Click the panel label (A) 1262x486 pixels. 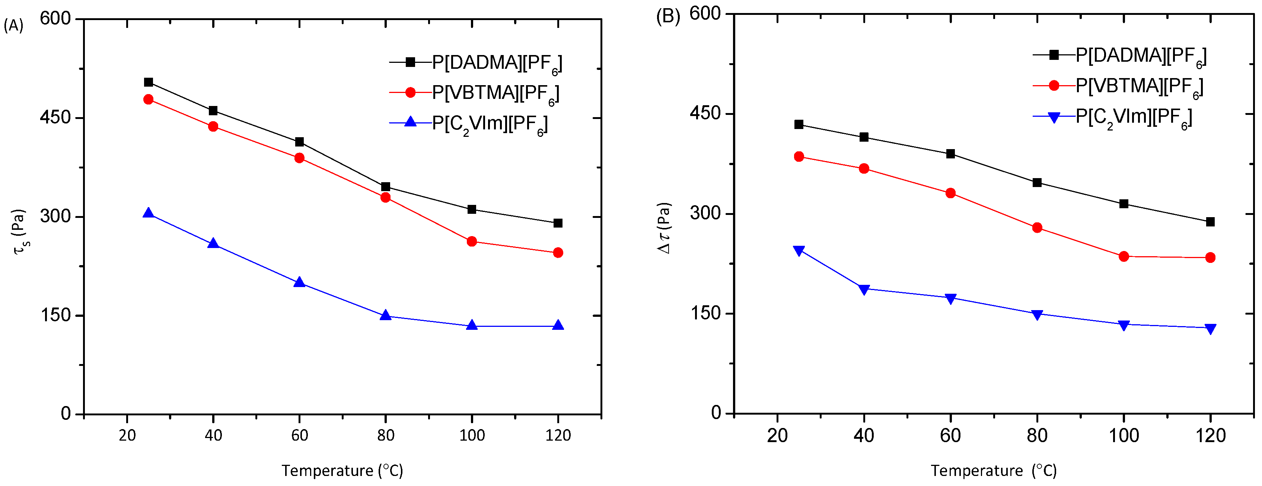click(13, 25)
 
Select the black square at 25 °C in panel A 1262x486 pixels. click(149, 82)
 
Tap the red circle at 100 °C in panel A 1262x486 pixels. click(472, 241)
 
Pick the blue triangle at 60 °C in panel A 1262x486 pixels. click(299, 282)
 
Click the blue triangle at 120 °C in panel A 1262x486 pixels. click(558, 325)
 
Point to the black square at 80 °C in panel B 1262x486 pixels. click(1037, 183)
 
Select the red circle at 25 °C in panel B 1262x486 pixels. click(799, 157)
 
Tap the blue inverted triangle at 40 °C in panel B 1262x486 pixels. click(864, 289)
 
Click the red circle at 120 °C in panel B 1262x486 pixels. click(1210, 257)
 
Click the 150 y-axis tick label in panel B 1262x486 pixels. click(705, 313)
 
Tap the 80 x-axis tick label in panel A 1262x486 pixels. click(386, 435)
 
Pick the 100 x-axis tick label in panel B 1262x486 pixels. click(1124, 435)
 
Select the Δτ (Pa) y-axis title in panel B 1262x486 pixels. click(665, 228)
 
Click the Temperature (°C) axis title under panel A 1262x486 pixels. click(342, 471)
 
